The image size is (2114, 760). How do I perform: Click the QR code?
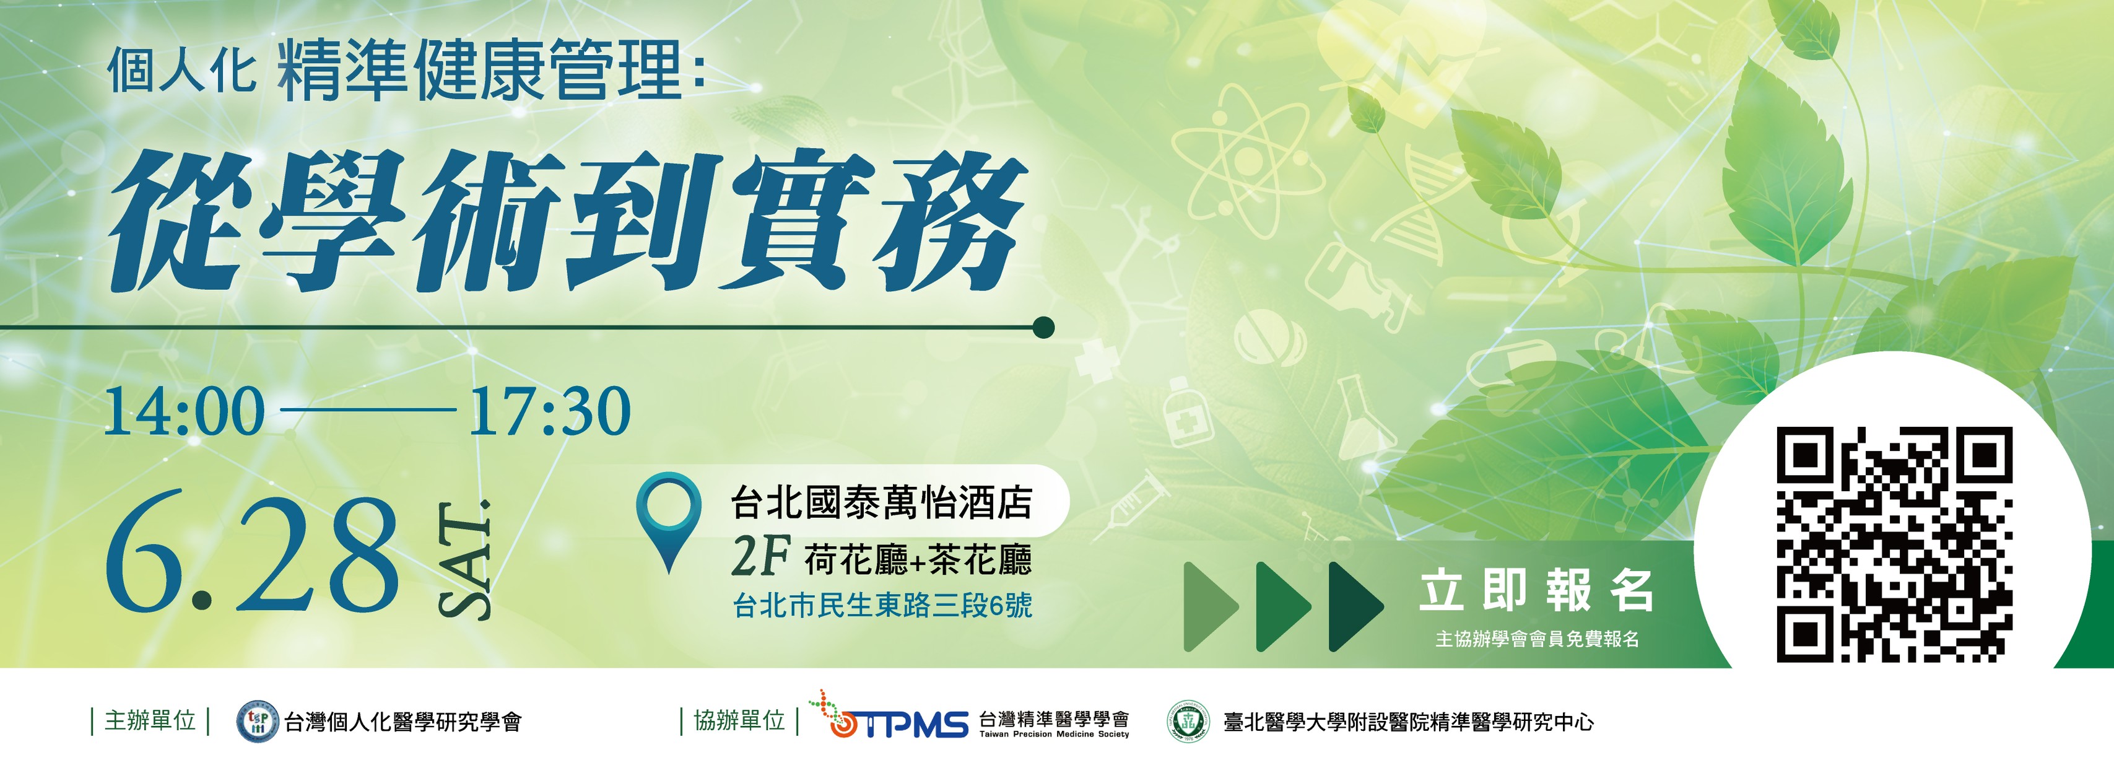tap(1894, 544)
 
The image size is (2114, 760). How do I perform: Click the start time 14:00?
tap(184, 411)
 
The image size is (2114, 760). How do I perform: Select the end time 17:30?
tap(549, 411)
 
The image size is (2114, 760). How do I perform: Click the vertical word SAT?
tap(464, 558)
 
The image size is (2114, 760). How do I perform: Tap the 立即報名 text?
tap(1536, 590)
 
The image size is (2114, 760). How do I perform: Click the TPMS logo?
tap(889, 715)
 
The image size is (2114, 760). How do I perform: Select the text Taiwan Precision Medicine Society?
tap(1054, 735)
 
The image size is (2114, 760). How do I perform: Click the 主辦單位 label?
tap(150, 720)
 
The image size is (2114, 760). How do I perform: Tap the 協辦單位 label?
tap(739, 720)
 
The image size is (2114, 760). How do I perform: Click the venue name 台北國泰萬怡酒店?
tap(881, 502)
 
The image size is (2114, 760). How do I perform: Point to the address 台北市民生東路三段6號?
tap(883, 606)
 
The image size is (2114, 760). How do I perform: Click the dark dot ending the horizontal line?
tap(1043, 328)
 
